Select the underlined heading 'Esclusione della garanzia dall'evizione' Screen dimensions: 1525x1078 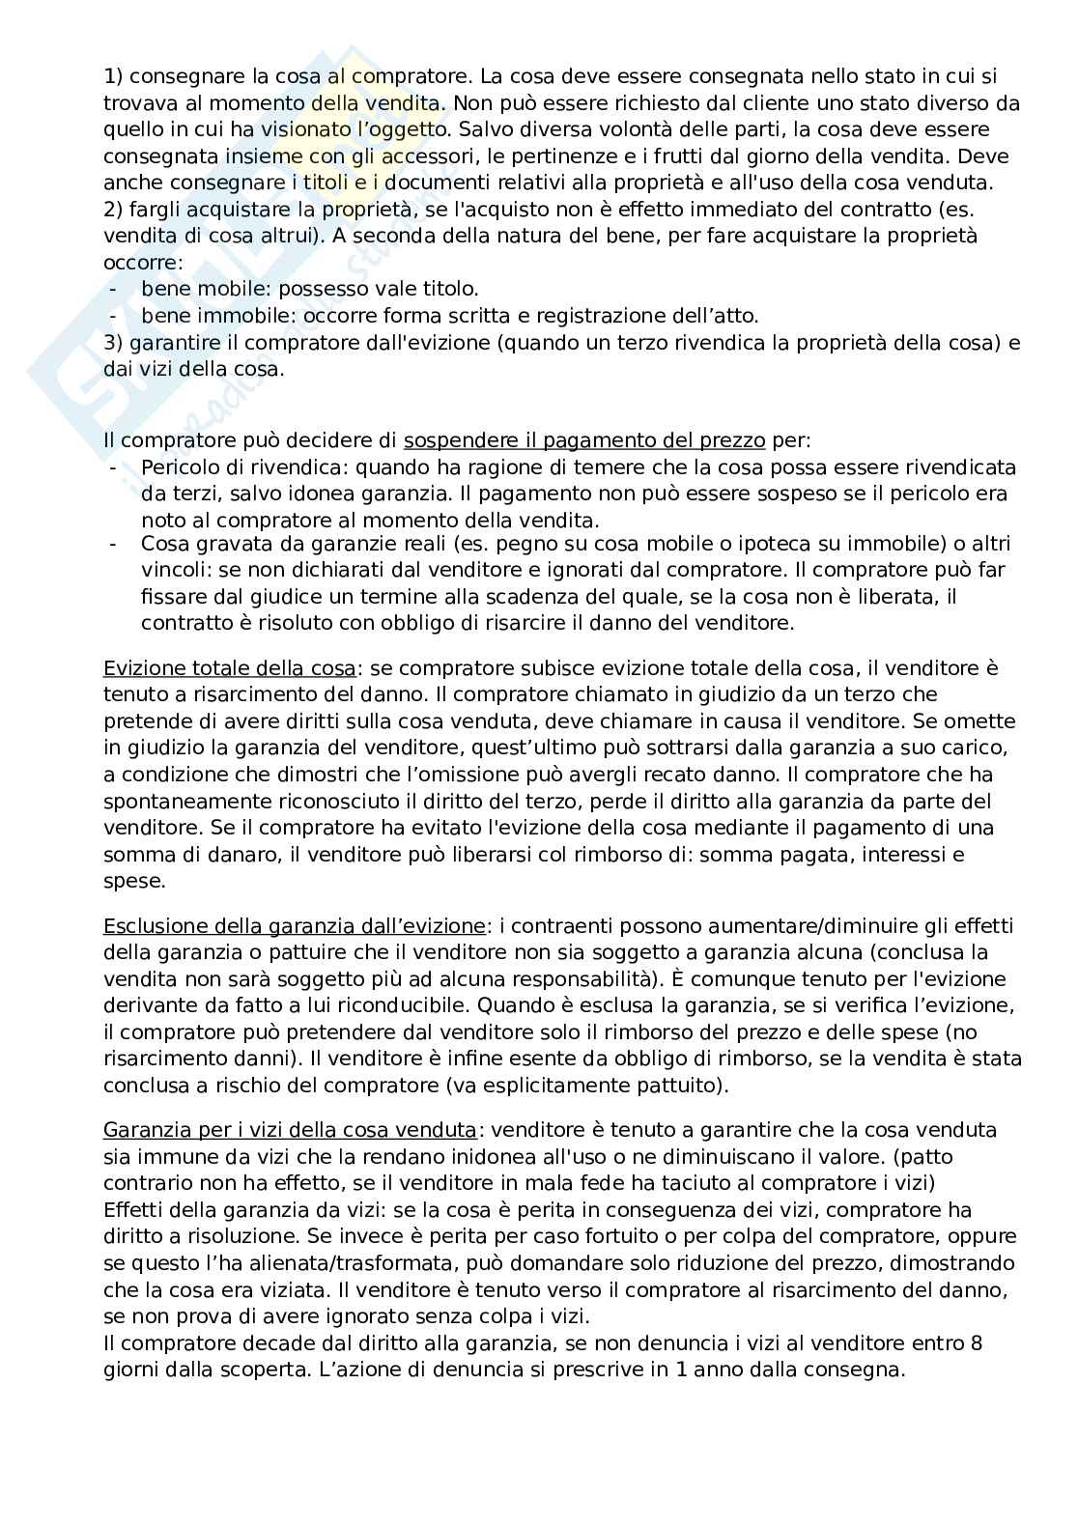(294, 926)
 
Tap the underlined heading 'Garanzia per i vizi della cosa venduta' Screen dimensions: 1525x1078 (290, 1130)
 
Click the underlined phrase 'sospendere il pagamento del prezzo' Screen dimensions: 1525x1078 (584, 441)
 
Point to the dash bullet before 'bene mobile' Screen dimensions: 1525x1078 (115, 289)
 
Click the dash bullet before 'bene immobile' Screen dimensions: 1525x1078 (115, 316)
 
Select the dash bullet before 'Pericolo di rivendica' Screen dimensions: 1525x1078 (115, 467)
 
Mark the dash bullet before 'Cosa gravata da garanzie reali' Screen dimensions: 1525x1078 (115, 544)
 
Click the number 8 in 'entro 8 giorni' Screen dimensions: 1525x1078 (976, 1342)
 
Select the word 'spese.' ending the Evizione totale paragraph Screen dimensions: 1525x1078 (134, 881)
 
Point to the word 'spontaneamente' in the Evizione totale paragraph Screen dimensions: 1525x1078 (179, 802)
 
